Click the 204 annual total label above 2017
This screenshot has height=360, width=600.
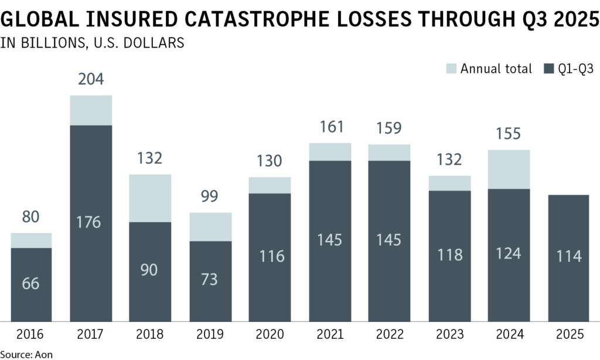[91, 80]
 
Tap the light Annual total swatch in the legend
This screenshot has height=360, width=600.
[450, 69]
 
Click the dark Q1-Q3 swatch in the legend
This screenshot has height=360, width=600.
[549, 69]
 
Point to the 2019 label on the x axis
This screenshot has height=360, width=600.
[210, 335]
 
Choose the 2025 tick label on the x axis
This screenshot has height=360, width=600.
[569, 335]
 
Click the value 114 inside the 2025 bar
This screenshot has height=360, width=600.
[569, 256]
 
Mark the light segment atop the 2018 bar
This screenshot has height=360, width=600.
[150, 198]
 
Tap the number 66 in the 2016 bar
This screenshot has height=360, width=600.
[31, 283]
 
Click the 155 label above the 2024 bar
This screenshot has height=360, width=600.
[509, 134]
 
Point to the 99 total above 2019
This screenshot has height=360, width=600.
[210, 197]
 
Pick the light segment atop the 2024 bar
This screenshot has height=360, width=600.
[509, 169]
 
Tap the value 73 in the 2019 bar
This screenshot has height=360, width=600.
[210, 279]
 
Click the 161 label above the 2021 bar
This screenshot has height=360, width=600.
[330, 127]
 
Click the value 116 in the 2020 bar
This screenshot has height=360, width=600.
[270, 256]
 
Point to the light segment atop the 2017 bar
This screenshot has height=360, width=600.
[91, 110]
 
